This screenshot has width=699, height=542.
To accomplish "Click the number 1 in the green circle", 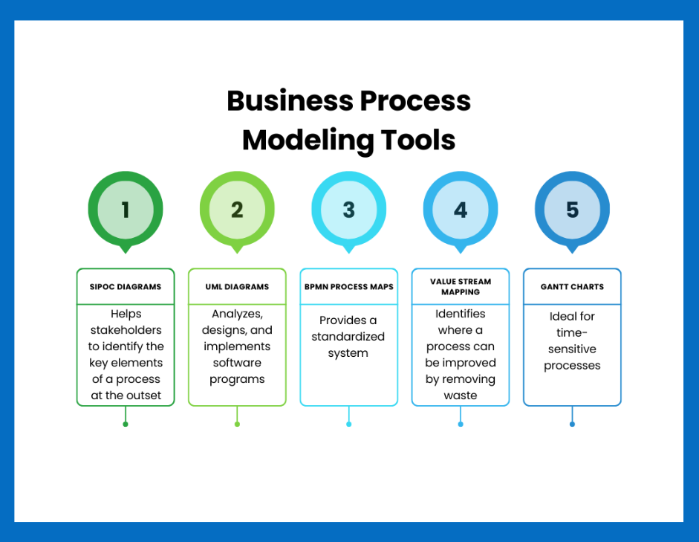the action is (126, 210).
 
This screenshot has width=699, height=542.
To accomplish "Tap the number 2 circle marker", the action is (237, 210).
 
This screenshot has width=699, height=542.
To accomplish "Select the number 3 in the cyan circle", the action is (348, 210).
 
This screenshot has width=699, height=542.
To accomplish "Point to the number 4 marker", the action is (461, 210).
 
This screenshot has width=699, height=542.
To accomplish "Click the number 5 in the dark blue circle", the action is (573, 210).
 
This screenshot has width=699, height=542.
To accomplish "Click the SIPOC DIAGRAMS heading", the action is (126, 287).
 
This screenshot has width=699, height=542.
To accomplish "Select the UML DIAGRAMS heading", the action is (237, 287).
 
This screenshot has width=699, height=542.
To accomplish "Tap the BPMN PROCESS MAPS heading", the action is (349, 287).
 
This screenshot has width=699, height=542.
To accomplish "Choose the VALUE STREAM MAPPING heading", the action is (461, 287).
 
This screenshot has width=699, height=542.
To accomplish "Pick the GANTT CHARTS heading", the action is (573, 287).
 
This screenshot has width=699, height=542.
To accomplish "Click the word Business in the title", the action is (290, 101).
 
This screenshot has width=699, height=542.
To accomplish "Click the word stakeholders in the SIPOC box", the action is (126, 330).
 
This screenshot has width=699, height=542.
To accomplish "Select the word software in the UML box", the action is (237, 363).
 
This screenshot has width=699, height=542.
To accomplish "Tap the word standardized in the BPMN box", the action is (348, 336).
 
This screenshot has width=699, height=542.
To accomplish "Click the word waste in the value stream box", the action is (461, 396).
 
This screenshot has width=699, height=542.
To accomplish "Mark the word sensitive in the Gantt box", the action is (573, 349).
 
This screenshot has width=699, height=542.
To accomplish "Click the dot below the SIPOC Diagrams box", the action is (126, 425).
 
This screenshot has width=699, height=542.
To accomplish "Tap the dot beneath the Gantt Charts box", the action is (573, 425).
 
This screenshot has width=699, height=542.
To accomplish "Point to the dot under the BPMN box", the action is (349, 425).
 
